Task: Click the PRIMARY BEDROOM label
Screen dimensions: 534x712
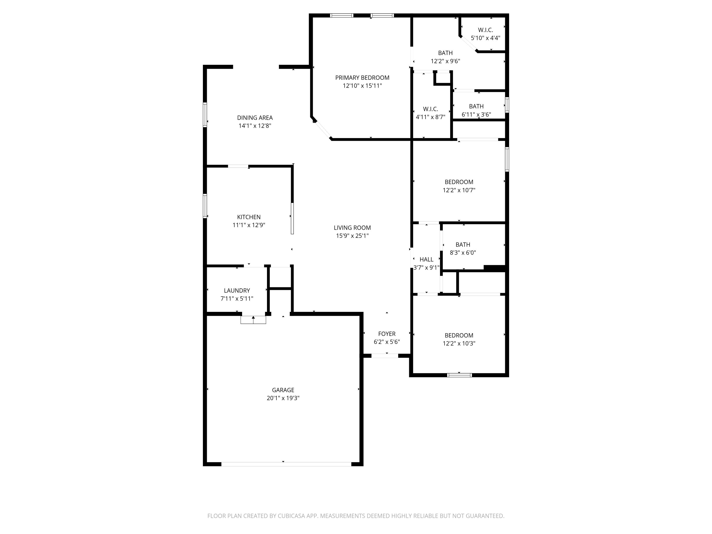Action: click(x=362, y=78)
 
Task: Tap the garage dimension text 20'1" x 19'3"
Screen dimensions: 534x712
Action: click(x=283, y=398)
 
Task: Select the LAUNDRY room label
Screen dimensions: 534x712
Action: click(x=237, y=290)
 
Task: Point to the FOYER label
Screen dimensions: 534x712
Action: click(x=387, y=334)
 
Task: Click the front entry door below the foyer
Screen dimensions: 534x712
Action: click(x=385, y=356)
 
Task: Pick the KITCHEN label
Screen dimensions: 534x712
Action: click(x=249, y=217)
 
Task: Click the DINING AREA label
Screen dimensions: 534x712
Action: click(x=255, y=118)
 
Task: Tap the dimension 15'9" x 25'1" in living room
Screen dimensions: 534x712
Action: click(x=352, y=236)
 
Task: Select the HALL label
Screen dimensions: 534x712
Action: click(x=426, y=259)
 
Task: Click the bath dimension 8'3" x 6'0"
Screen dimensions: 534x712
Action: click(x=463, y=253)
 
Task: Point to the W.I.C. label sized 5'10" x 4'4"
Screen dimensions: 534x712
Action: click(x=485, y=30)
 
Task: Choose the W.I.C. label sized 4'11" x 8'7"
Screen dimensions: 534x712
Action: click(x=430, y=109)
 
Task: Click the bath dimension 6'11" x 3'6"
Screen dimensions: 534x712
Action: click(x=476, y=114)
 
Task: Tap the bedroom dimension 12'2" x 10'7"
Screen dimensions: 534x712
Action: click(x=459, y=190)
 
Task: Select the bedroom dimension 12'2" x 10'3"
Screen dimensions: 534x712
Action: click(x=459, y=343)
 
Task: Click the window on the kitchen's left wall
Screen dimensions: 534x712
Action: click(x=205, y=206)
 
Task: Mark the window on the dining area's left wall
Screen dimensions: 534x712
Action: click(x=205, y=115)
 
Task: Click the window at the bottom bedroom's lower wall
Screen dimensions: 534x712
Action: click(x=459, y=375)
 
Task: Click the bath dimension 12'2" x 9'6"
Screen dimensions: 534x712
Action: click(x=445, y=61)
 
